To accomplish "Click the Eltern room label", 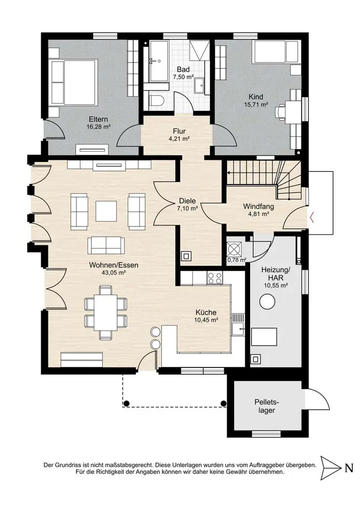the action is tap(98, 120).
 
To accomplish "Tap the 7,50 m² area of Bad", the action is tap(183, 77).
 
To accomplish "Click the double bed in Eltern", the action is tap(75, 82).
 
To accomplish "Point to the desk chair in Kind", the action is tap(280, 112).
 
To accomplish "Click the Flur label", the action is tap(179, 131).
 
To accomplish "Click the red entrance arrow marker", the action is tap(312, 217).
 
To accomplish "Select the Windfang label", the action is tap(258, 207).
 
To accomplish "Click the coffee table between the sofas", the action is tap(106, 211).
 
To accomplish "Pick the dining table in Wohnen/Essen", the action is tap(105, 312).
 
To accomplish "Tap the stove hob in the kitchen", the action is tap(215, 278).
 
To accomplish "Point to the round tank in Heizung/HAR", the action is tap(267, 302).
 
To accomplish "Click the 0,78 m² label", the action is tap(237, 260).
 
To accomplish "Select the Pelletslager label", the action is tap(267, 406).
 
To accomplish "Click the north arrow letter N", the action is tap(349, 468).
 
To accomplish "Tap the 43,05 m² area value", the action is tap(114, 273).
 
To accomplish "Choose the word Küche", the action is tap(206, 313).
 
